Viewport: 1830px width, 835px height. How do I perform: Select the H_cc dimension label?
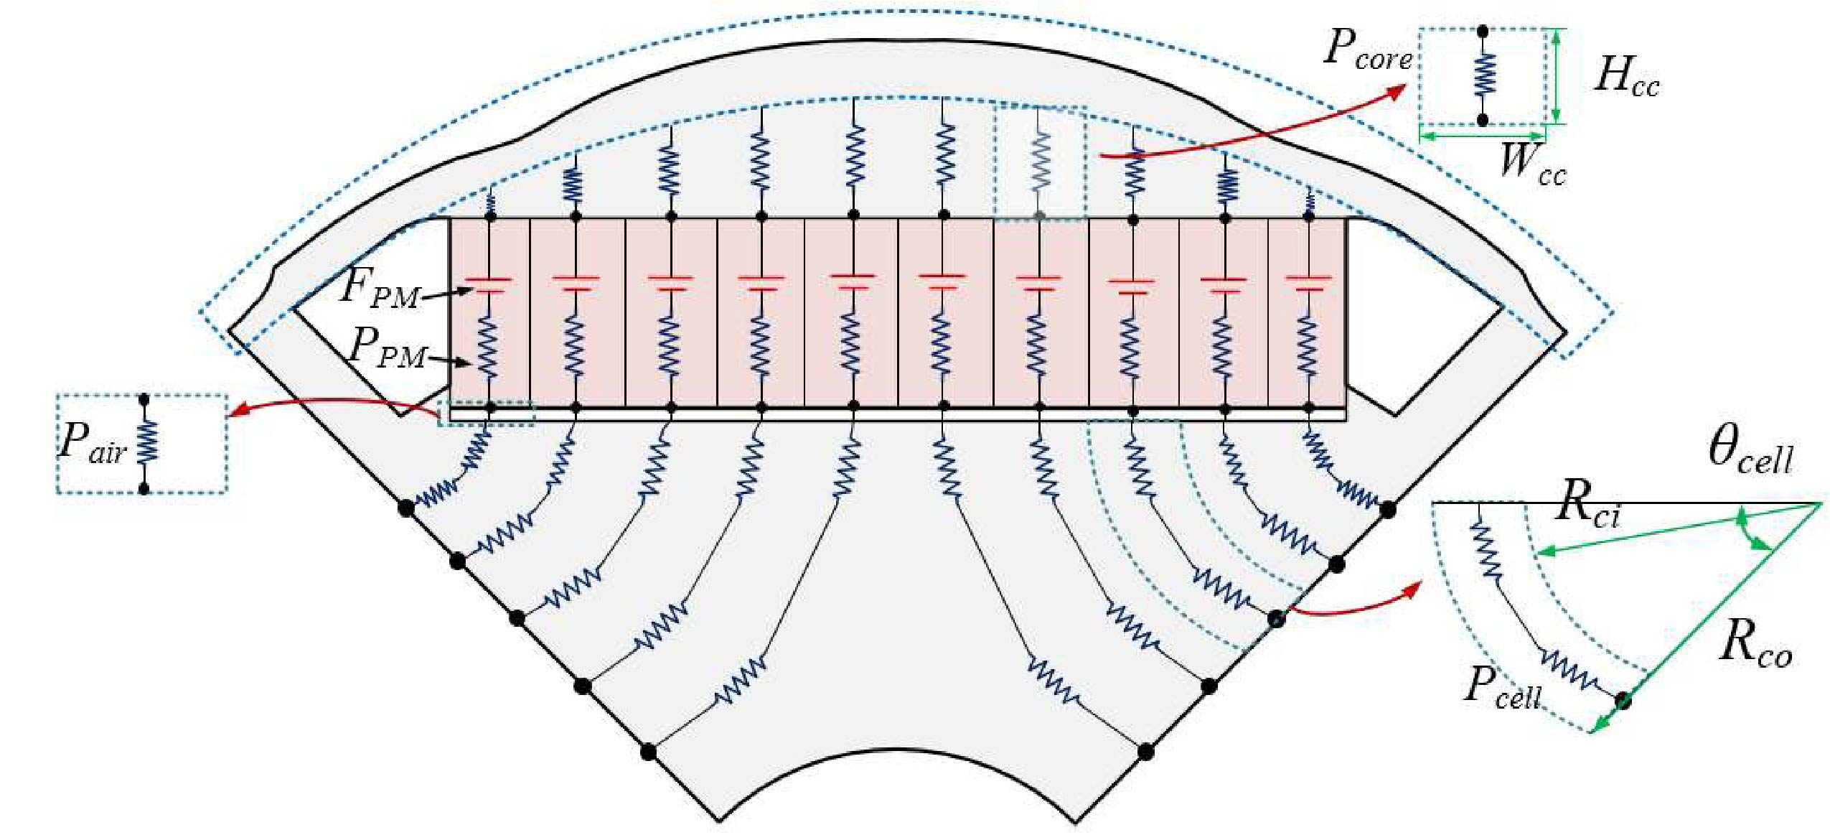(1626, 75)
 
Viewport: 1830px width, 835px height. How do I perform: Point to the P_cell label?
(1501, 687)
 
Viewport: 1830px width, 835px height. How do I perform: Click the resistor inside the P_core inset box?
(1483, 75)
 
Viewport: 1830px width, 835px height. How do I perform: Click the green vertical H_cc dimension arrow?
(1554, 75)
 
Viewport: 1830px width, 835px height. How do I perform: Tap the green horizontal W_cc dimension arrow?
(1483, 134)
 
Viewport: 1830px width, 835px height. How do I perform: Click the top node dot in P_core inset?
(1483, 31)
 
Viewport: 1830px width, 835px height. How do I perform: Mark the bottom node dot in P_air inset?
(144, 489)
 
